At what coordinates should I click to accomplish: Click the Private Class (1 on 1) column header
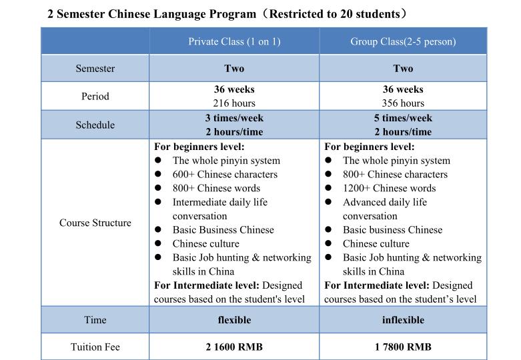pos(234,41)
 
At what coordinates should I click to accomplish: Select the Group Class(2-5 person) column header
pos(403,41)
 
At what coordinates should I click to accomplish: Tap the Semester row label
pos(95,69)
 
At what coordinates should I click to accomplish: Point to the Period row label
pos(95,96)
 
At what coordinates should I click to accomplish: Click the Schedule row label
pos(95,125)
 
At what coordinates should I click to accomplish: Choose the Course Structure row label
pos(95,223)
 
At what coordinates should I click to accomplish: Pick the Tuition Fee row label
pos(95,347)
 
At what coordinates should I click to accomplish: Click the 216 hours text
pos(234,103)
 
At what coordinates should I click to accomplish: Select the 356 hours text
pos(403,103)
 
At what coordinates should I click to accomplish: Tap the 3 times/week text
pos(234,118)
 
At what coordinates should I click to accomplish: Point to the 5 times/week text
pos(403,118)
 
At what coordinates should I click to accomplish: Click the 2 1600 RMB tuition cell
pos(234,347)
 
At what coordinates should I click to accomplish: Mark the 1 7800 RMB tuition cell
pos(403,347)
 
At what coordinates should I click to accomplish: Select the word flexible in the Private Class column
pos(234,320)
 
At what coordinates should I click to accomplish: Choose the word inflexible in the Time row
pos(403,320)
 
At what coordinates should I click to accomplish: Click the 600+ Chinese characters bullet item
pos(225,175)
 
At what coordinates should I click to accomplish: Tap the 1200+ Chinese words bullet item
pos(389,189)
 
